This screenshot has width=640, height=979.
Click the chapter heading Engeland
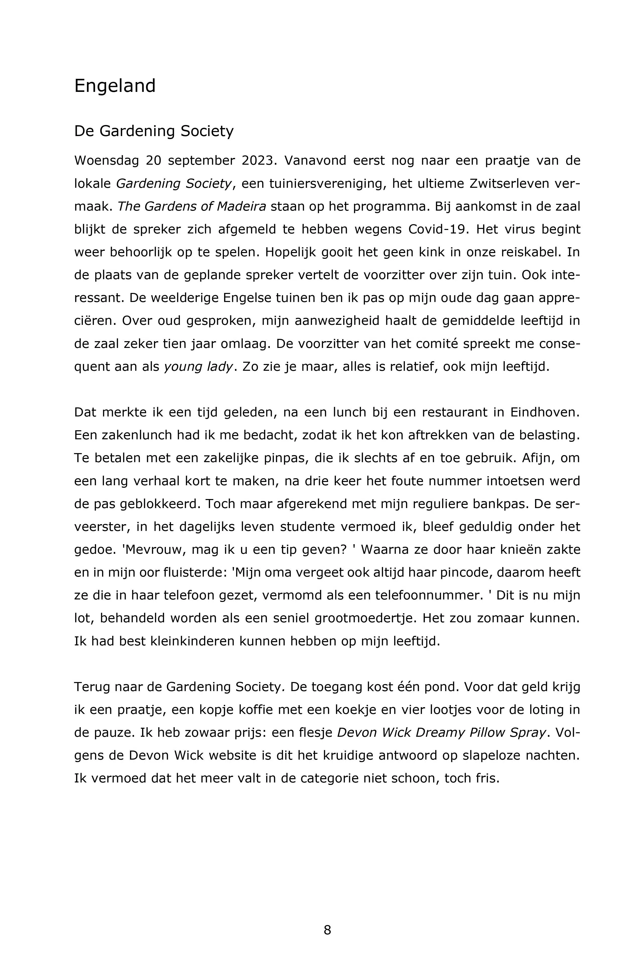pyautogui.click(x=115, y=86)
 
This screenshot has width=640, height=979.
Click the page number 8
pyautogui.click(x=327, y=930)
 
